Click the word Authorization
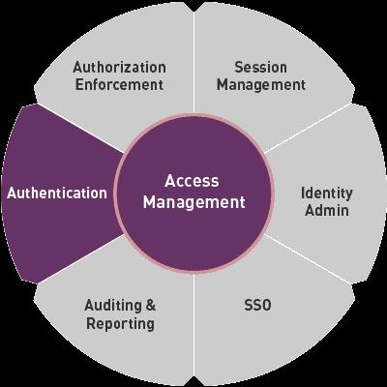[x=119, y=68]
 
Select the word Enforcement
[x=119, y=85]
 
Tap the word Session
[x=260, y=68]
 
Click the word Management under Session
[x=261, y=85]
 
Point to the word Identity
[x=327, y=193]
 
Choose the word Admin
[x=327, y=211]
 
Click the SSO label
[x=257, y=305]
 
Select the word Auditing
[x=113, y=306]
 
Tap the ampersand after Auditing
[x=151, y=306]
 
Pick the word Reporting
[x=120, y=324]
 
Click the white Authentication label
[x=57, y=193]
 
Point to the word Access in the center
[x=192, y=181]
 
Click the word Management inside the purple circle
[x=194, y=202]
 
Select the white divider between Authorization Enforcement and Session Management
[x=193, y=58]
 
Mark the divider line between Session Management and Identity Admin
[x=308, y=128]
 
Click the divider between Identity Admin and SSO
[x=308, y=259]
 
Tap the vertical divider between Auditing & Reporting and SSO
[x=193, y=329]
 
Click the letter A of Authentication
[x=12, y=193]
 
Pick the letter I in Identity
[x=303, y=193]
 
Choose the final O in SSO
[x=266, y=305]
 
